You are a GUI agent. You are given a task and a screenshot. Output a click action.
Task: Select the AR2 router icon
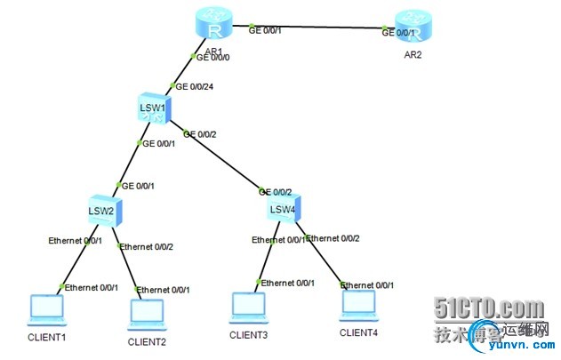pyautogui.click(x=412, y=28)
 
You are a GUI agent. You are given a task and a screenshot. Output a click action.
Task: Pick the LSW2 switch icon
pyautogui.click(x=104, y=211)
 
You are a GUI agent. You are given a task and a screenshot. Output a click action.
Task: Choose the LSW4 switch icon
pyautogui.click(x=285, y=210)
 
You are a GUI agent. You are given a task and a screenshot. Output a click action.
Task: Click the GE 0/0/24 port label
pyautogui.click(x=195, y=87)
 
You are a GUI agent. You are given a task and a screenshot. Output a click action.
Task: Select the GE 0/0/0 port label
pyautogui.click(x=214, y=57)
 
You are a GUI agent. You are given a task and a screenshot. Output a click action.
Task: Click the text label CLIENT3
pyautogui.click(x=249, y=335)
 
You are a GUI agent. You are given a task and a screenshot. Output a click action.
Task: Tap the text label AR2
pyautogui.click(x=411, y=55)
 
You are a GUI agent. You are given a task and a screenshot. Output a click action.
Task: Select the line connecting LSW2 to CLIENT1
pyautogui.click(x=76, y=258)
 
